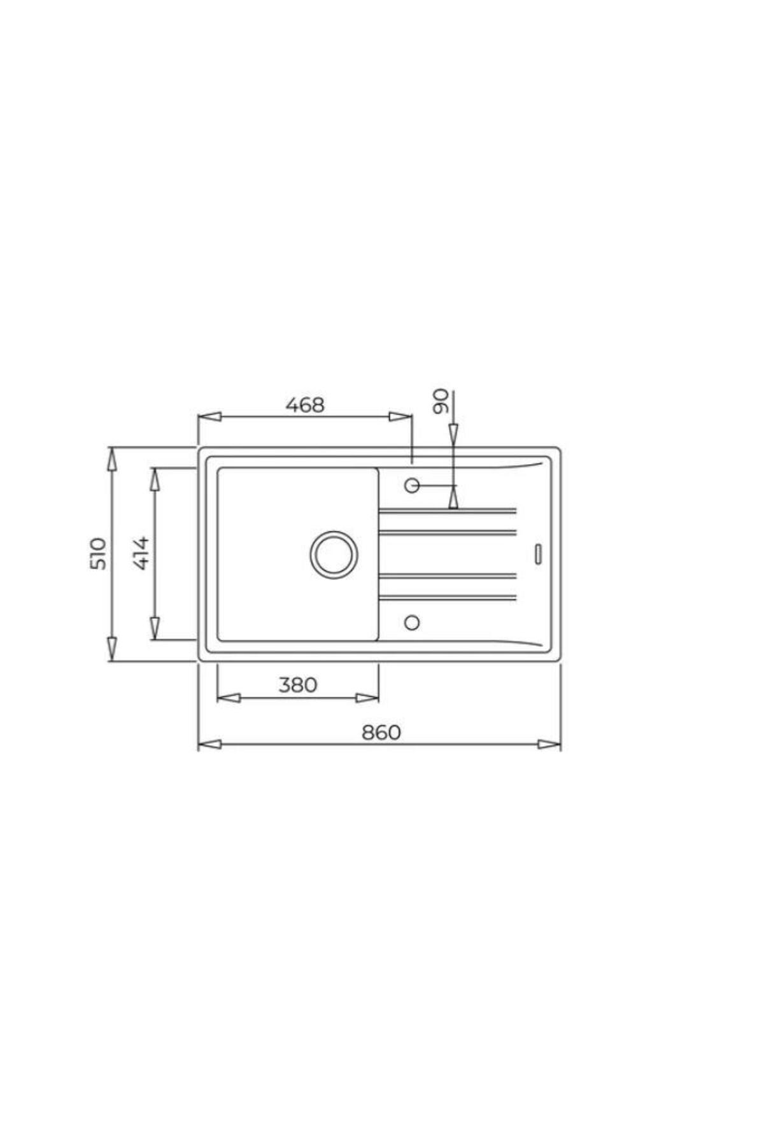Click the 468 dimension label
click(x=305, y=405)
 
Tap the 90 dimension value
click(x=441, y=401)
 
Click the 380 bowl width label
click(x=298, y=684)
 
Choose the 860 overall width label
click(x=381, y=733)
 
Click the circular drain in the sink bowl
click(x=333, y=554)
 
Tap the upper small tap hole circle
click(x=412, y=486)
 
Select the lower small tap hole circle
click(x=412, y=622)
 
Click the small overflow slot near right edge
click(x=539, y=553)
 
